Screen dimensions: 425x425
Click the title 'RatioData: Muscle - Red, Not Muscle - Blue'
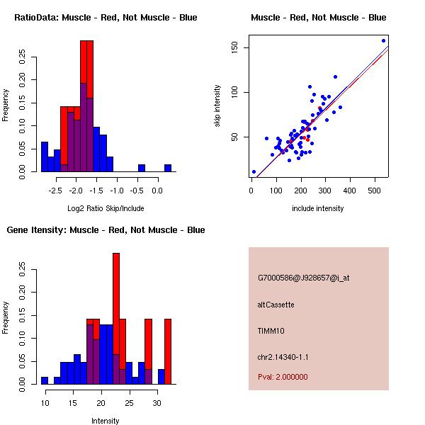tap(106, 17)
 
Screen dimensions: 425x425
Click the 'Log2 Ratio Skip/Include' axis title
tap(105, 208)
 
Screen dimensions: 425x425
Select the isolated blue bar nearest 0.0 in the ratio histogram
tap(168, 168)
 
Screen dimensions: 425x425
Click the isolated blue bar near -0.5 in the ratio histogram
tap(142, 168)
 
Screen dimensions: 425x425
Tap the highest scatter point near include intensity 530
tap(383, 40)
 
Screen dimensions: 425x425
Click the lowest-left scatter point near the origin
tap(254, 171)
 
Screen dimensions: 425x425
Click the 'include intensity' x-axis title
tap(319, 208)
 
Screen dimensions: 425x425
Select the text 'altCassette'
tap(276, 305)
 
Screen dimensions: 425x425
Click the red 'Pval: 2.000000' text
tap(283, 377)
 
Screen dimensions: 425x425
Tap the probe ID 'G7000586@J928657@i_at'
tap(304, 278)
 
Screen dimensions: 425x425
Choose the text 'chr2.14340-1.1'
tap(283, 357)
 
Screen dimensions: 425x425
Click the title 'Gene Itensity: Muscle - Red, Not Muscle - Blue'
tap(106, 229)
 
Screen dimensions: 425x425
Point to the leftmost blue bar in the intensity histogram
tap(45, 380)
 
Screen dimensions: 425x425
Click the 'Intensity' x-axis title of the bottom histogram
tap(105, 421)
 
